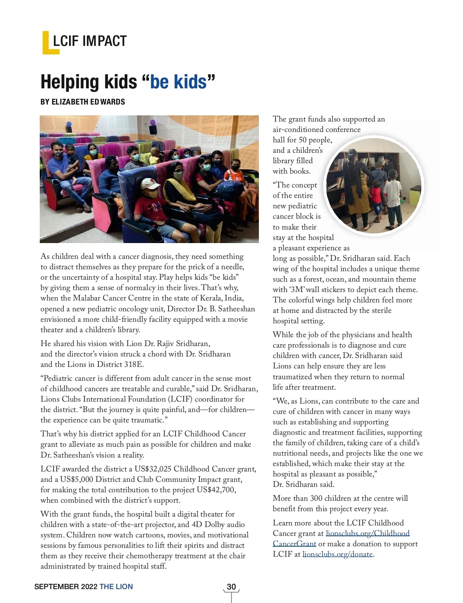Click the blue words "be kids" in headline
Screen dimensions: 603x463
(178, 82)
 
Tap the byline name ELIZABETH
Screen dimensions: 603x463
(70, 102)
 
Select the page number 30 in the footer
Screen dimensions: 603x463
(231, 587)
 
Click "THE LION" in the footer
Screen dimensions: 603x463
(116, 587)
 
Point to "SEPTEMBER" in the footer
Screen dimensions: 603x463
(56, 587)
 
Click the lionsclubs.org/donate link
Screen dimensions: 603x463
(337, 554)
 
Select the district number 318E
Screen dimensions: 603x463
(133, 365)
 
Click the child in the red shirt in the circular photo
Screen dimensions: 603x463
(376, 195)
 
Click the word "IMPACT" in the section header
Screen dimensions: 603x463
(105, 41)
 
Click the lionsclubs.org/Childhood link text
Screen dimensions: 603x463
(367, 534)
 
